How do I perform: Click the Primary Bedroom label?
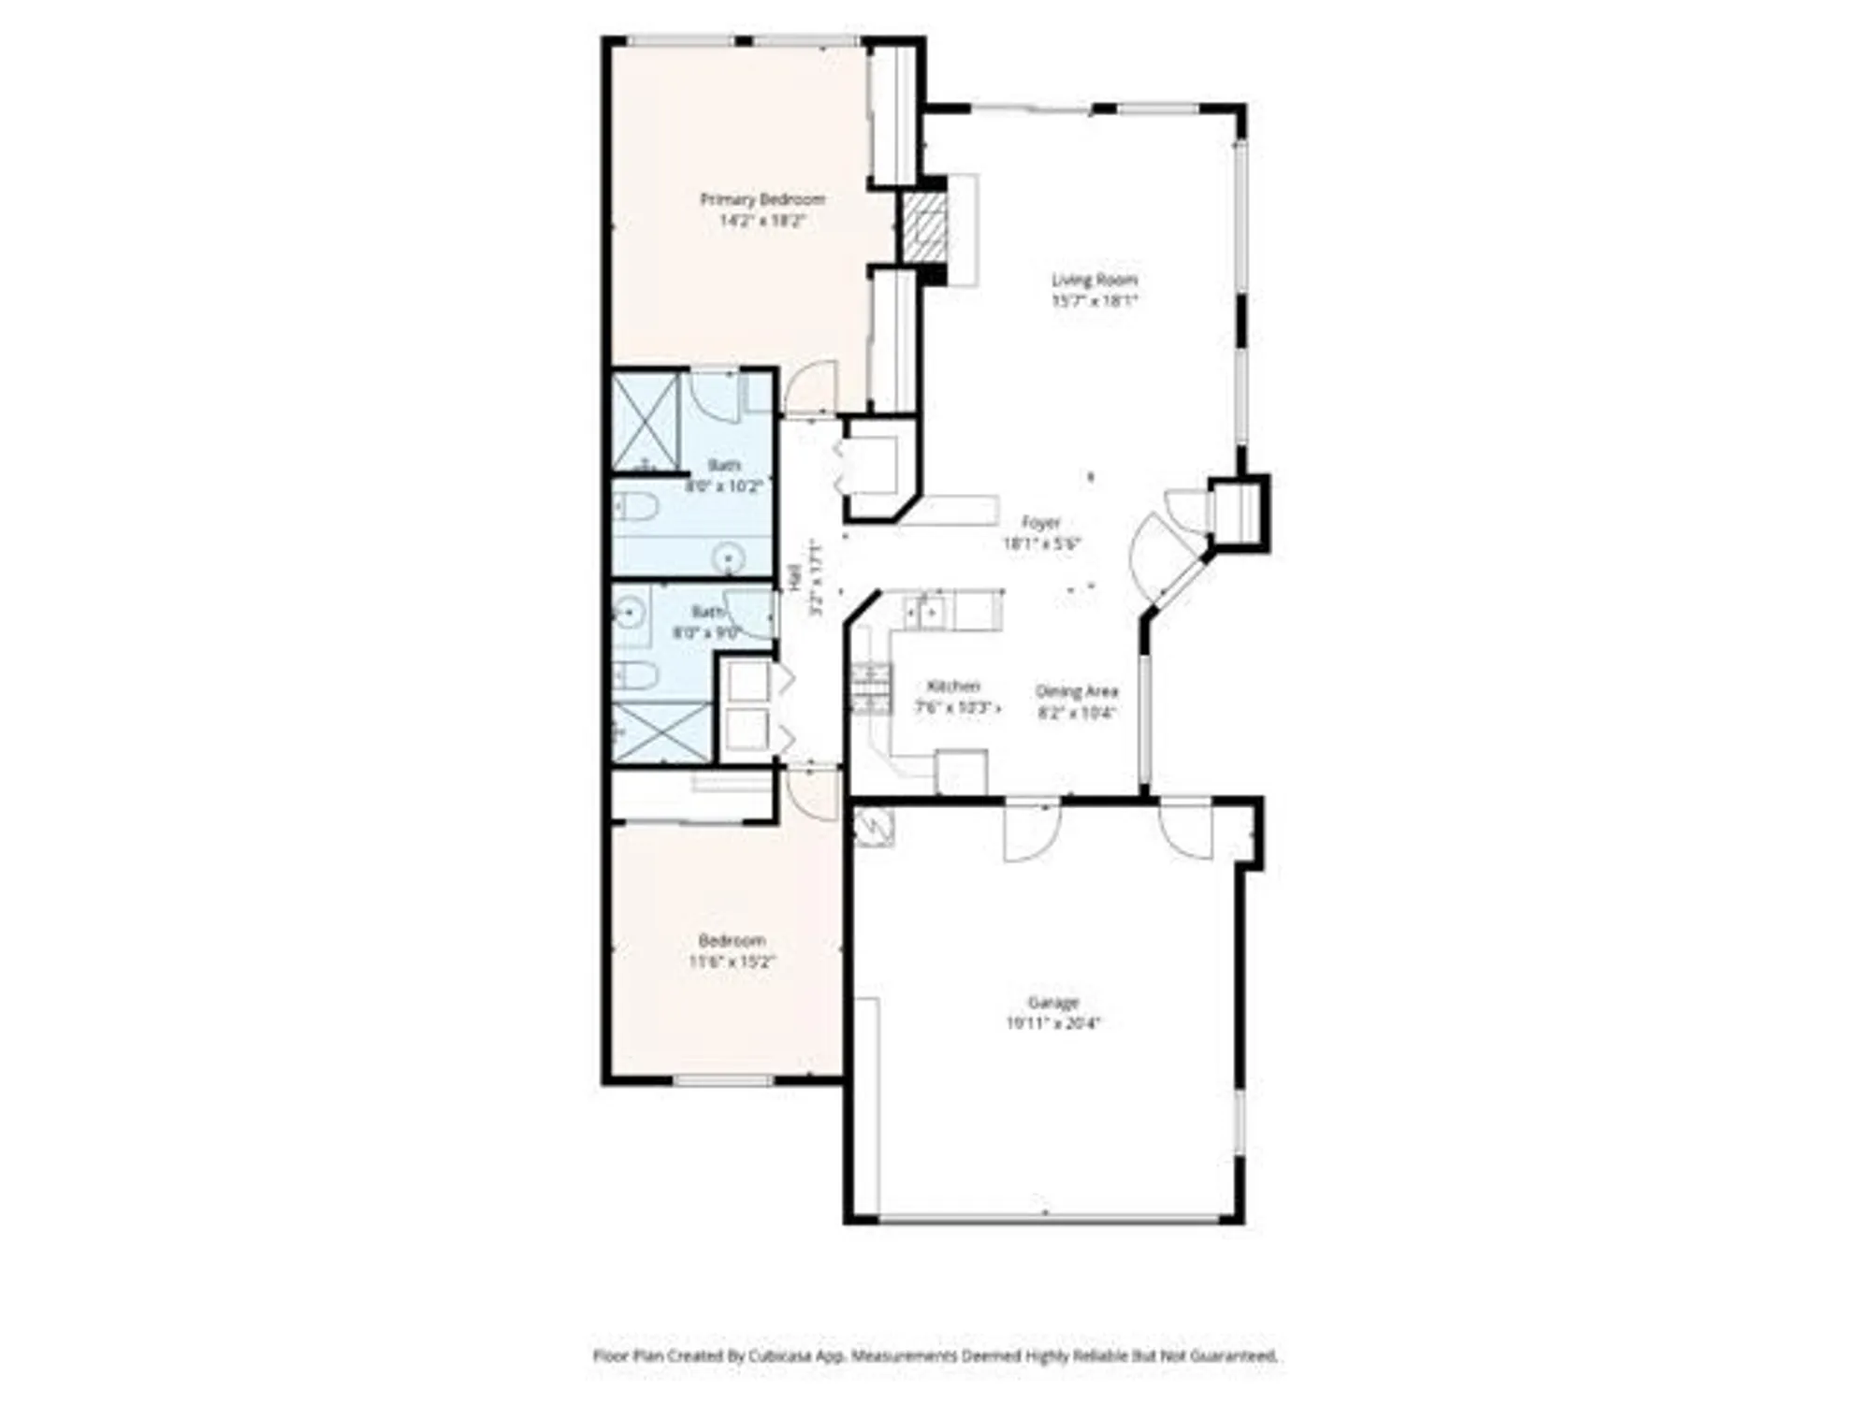[x=762, y=199]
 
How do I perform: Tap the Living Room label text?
[x=1094, y=279]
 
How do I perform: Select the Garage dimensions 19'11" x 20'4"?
[x=1052, y=1023]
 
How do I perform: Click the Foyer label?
[x=1040, y=523]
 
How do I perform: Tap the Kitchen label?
[x=953, y=687]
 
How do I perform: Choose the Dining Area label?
[x=1076, y=691]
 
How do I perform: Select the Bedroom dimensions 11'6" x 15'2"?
[x=732, y=962]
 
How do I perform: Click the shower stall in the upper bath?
[x=645, y=422]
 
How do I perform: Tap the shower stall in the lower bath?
[x=660, y=731]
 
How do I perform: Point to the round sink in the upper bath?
[x=728, y=558]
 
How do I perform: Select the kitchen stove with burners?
[x=870, y=689]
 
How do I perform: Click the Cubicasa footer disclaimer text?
[x=935, y=1355]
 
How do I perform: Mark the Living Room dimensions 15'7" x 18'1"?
[x=1094, y=301]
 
